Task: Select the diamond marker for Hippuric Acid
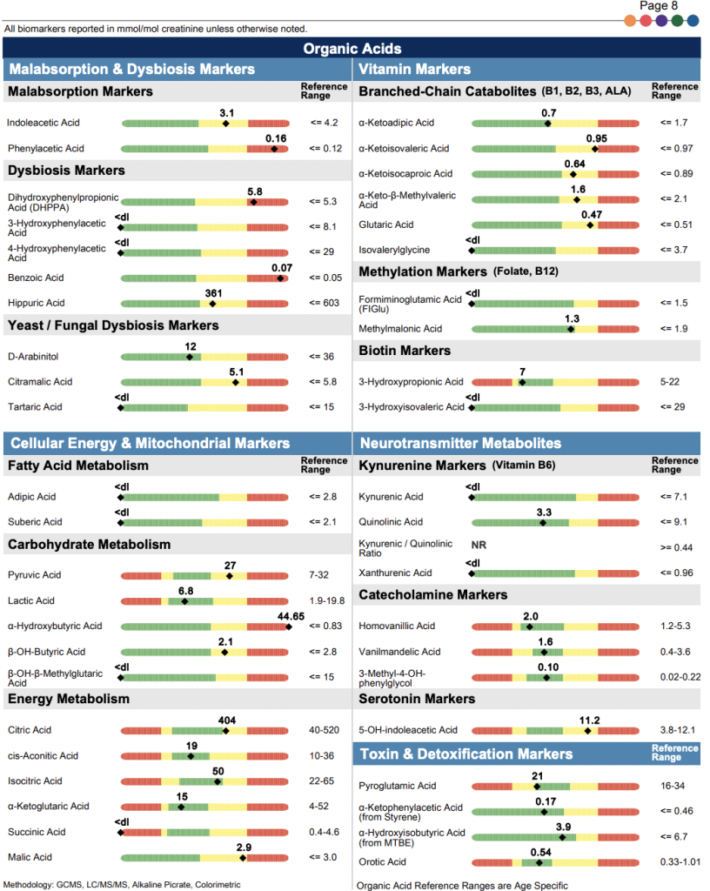coord(212,304)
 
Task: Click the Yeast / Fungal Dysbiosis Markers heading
coord(113,325)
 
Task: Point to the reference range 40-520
coord(326,731)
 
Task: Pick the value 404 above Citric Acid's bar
coord(227,720)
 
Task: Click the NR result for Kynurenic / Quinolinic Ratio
coord(478,545)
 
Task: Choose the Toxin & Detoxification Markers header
coord(466,754)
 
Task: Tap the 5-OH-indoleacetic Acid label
coord(408,730)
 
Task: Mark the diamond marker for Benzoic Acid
coord(280,278)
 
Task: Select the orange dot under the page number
coord(630,20)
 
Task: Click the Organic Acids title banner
coord(352,49)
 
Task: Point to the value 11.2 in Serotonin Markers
coord(589,720)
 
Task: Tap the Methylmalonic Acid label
coord(400,329)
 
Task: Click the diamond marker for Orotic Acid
coord(539,862)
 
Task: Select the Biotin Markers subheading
coord(405,351)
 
